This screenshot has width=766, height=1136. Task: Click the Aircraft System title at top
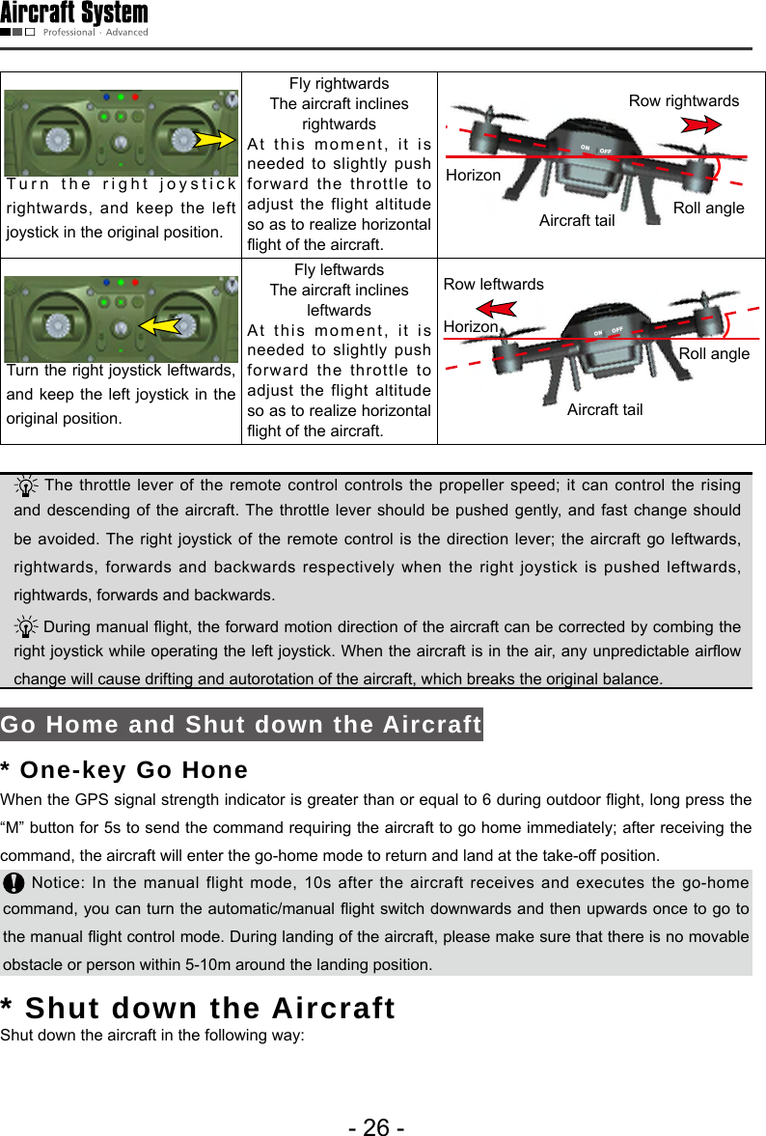coord(74,14)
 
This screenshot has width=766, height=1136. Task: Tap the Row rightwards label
coord(683,100)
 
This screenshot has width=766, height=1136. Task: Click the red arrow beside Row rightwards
coord(701,125)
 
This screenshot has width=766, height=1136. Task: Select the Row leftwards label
coord(493,284)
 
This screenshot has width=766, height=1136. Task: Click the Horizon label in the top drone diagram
coord(473,175)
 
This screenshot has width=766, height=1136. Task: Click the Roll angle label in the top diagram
coord(708,208)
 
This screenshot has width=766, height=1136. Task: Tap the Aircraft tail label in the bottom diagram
coord(605,410)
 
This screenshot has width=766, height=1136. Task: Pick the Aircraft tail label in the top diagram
coord(576,221)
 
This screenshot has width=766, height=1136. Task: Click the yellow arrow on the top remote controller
coord(216,139)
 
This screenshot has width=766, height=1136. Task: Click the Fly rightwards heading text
coord(339,83)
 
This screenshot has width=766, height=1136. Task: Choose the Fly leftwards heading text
coord(339,269)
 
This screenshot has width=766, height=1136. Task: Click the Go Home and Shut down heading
coord(241,725)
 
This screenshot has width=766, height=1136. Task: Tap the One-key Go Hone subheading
coord(124,770)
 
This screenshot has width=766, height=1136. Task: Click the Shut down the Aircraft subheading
coord(198,1008)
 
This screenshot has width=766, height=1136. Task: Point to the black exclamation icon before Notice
coord(14,883)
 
